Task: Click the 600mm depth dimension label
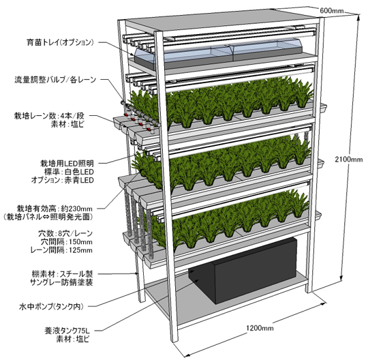(x=331, y=10)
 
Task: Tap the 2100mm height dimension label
(x=348, y=160)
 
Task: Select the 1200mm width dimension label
(x=260, y=327)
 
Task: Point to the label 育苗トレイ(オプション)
(x=61, y=42)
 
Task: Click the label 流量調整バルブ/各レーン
(x=55, y=80)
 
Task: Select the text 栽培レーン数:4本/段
(x=49, y=116)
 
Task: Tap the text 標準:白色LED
(x=69, y=172)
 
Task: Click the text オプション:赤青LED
(x=63, y=180)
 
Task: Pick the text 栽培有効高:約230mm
(x=55, y=209)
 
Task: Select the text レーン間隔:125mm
(x=61, y=250)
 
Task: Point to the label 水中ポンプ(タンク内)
(x=51, y=306)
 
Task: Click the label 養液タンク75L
(x=67, y=331)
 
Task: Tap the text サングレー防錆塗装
(x=61, y=282)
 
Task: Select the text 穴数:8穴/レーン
(x=65, y=233)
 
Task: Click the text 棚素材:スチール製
(x=62, y=273)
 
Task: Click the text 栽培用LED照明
(x=67, y=163)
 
